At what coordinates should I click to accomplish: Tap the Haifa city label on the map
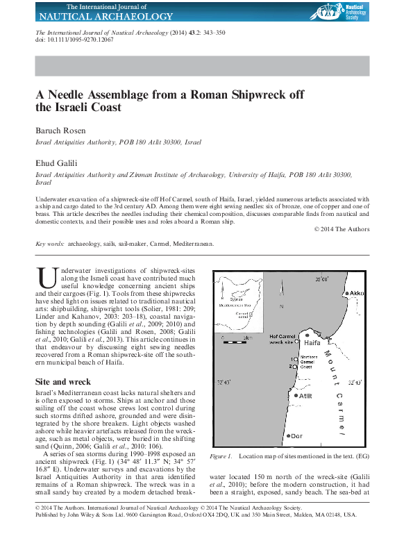(x=312, y=343)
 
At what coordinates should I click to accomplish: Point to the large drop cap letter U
(x=47, y=278)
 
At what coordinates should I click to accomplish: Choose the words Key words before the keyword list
(x=50, y=244)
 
